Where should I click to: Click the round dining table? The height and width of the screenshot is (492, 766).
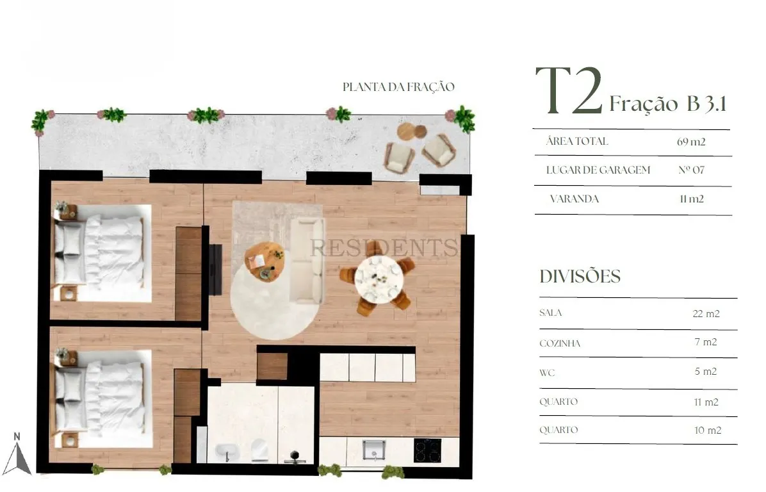tap(379, 280)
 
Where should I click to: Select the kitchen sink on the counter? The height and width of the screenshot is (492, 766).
tap(374, 450)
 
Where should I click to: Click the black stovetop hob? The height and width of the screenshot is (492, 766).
tap(427, 450)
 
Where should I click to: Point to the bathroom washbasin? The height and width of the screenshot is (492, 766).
tap(226, 452)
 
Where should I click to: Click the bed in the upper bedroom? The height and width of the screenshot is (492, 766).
tap(102, 253)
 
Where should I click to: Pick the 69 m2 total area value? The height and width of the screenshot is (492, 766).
tap(691, 142)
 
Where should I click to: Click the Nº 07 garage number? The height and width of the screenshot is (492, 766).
tap(691, 170)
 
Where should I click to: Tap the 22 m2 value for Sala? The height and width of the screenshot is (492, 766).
tap(706, 314)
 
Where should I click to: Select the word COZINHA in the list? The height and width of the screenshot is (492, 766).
tap(560, 343)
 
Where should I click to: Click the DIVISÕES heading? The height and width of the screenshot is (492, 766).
tap(580, 277)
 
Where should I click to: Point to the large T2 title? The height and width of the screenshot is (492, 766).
tap(569, 91)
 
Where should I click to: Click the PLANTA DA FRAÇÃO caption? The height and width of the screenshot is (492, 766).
tap(398, 87)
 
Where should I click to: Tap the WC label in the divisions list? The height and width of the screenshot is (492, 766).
tap(547, 373)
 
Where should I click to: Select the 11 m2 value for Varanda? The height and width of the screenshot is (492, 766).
tap(691, 199)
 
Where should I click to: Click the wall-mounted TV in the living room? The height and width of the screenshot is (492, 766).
tap(215, 269)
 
